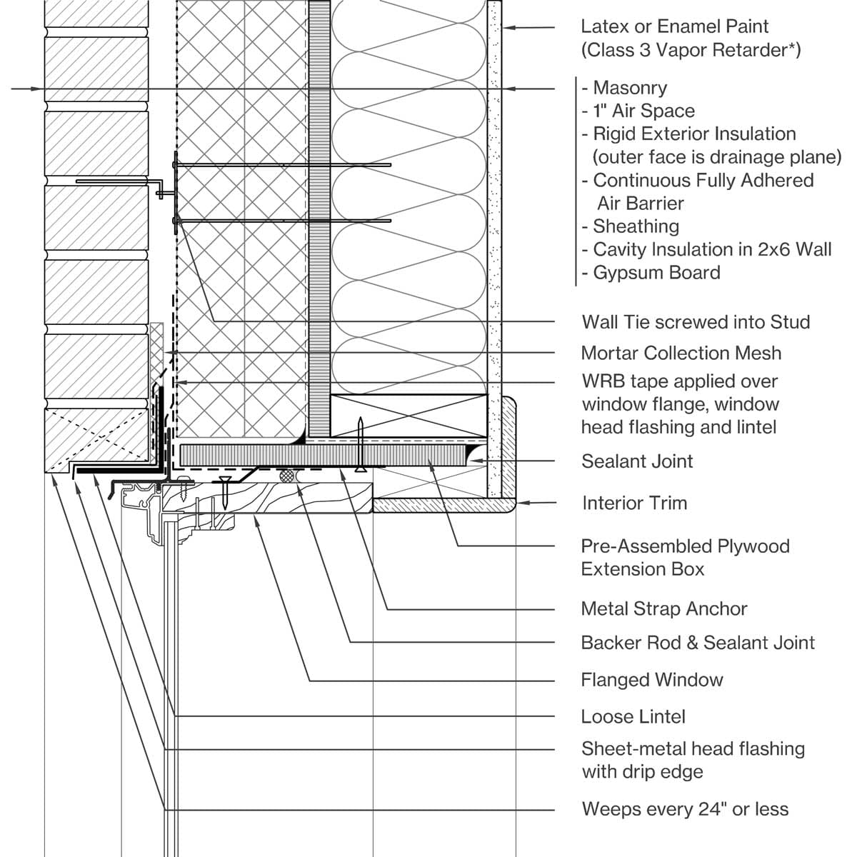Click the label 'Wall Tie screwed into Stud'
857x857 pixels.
pos(696,322)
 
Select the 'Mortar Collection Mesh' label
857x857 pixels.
pos(681,353)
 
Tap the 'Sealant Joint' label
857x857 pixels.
pos(637,461)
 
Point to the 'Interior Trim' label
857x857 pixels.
pos(634,503)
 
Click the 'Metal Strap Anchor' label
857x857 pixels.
pos(664,609)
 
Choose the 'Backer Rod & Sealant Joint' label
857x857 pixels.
pos(698,643)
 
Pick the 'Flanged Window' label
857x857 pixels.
pos(652,680)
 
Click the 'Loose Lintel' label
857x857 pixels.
pos(633,717)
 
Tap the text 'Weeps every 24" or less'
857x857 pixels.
pos(685,809)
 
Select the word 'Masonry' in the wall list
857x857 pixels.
pos(630,88)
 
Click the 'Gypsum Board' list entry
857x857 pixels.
pos(656,273)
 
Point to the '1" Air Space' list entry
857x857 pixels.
pos(643,111)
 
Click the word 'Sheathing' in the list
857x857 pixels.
pos(636,226)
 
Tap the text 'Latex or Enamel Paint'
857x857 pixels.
pos(674,26)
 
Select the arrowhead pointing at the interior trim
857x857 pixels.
pos(521,503)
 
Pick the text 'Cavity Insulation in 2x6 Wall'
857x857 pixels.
pos(712,249)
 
